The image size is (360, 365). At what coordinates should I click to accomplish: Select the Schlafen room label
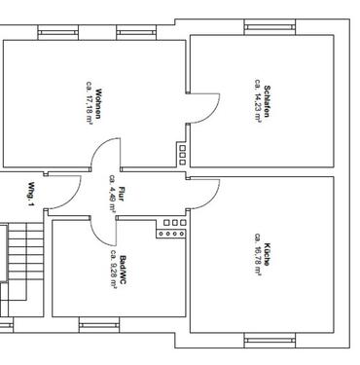click(266, 101)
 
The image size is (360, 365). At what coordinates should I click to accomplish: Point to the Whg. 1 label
click(31, 195)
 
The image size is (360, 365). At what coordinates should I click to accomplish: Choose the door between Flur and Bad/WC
click(101, 233)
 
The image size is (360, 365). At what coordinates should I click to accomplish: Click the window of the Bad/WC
click(98, 324)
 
